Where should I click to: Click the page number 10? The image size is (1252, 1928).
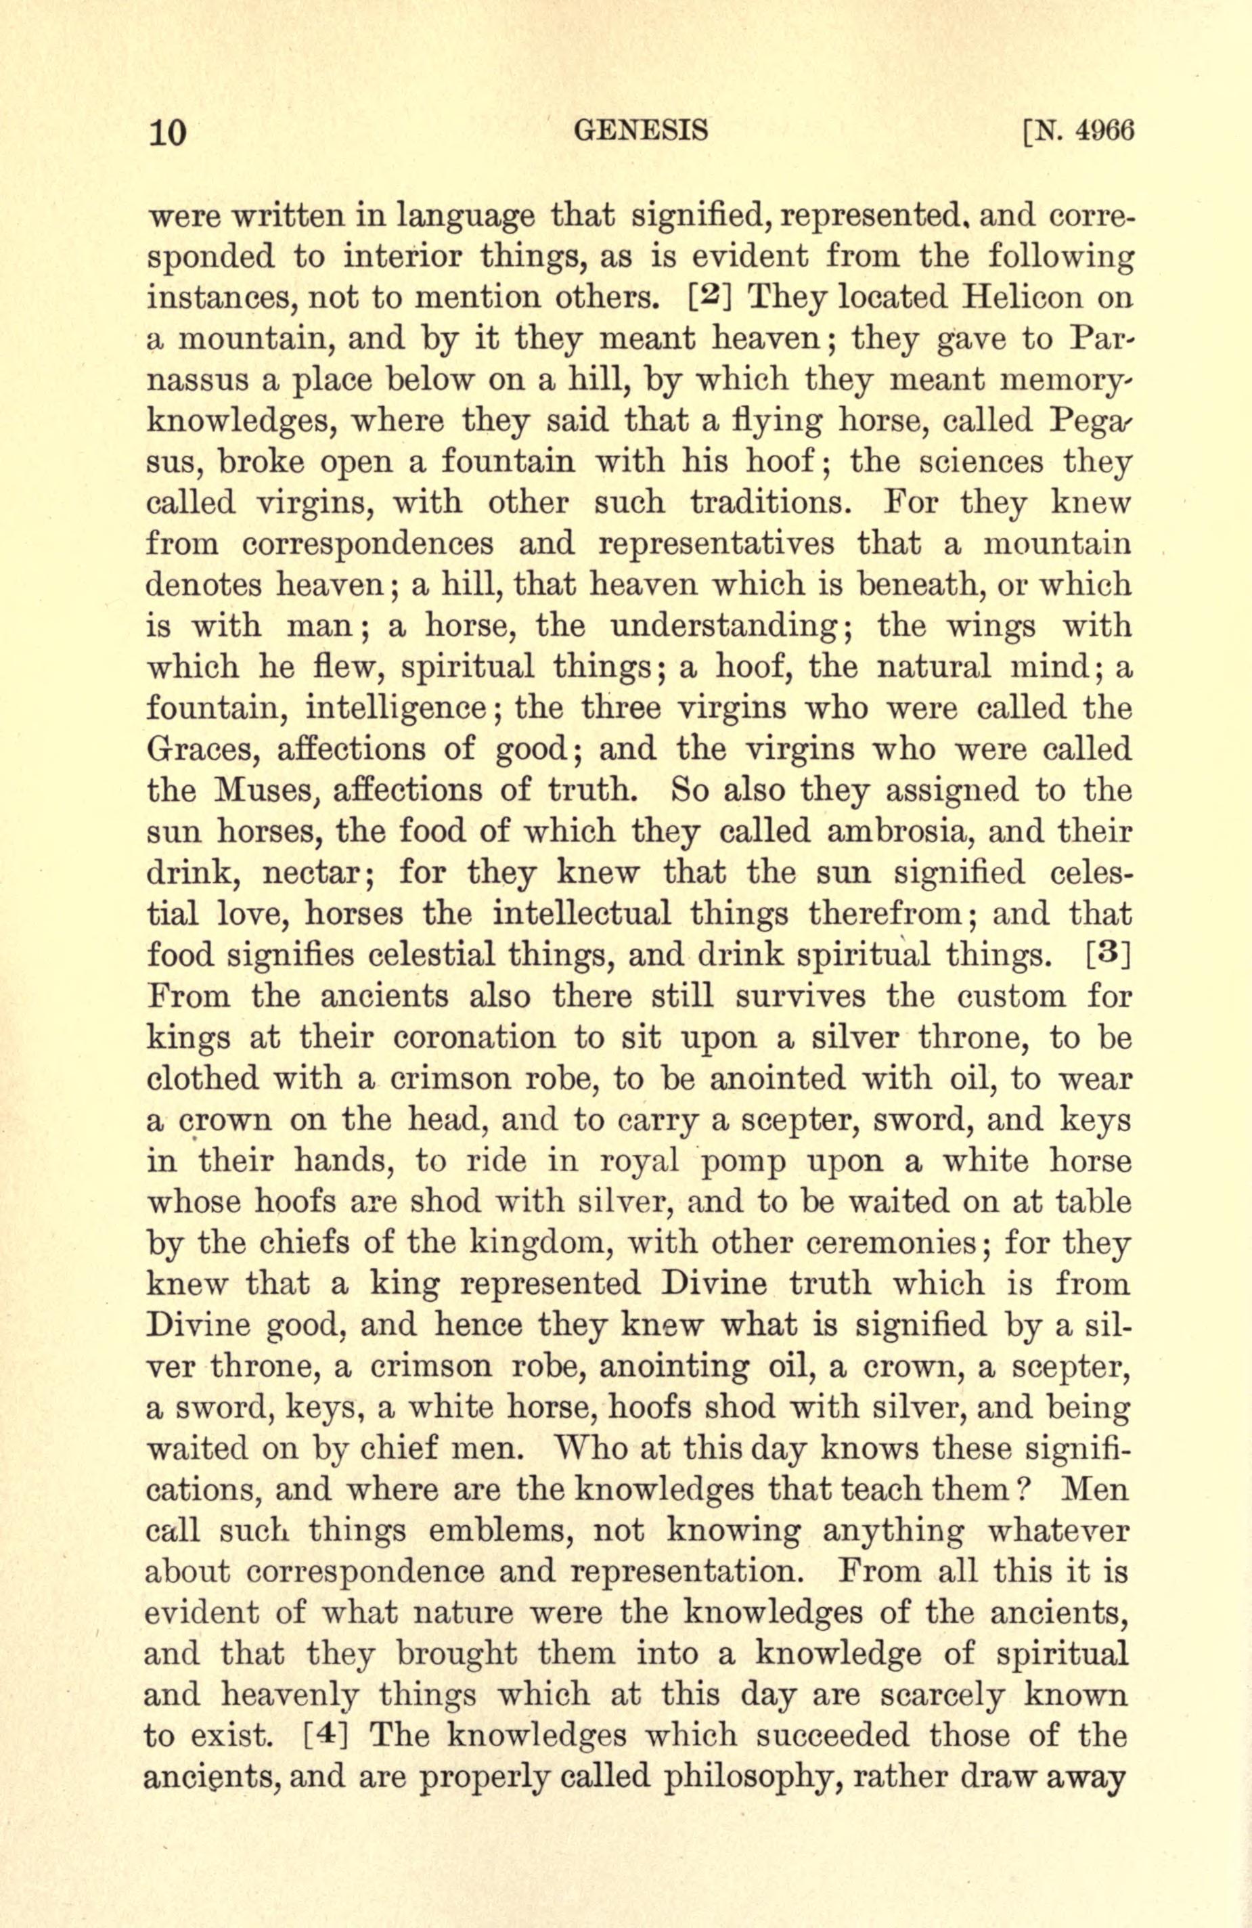click(x=168, y=131)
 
